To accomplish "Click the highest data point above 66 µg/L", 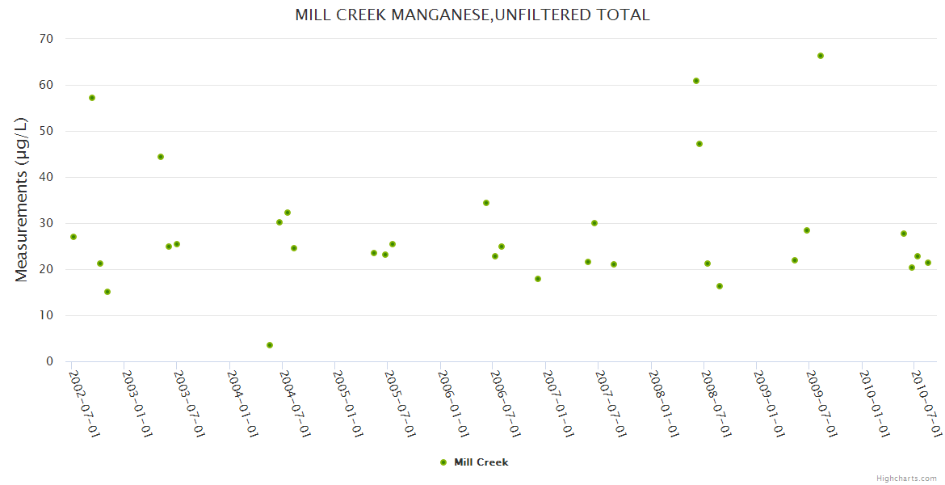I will tap(821, 56).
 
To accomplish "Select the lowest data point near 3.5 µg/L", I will tap(270, 345).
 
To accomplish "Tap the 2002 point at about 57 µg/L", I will tap(92, 98).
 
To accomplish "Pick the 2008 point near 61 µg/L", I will tap(696, 81).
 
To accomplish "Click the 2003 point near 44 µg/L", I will tap(161, 157).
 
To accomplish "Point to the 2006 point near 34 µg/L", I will tap(486, 203).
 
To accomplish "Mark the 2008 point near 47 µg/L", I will tap(699, 144).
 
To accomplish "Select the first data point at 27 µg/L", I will tap(73, 237).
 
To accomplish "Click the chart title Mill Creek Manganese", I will tap(472, 15).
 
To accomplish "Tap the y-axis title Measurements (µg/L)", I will tap(22, 200).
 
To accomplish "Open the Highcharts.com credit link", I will tap(907, 479).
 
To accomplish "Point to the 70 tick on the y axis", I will tap(46, 39).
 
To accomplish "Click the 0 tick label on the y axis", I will tap(49, 361).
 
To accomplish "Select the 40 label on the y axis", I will tap(46, 177).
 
